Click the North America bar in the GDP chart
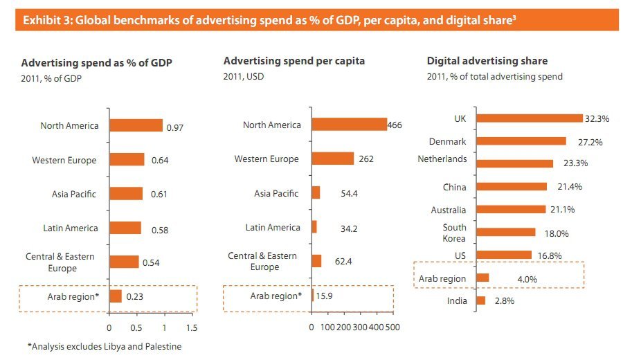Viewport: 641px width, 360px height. point(136,125)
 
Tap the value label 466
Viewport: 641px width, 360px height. point(395,125)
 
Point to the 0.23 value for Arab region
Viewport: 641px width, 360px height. point(135,296)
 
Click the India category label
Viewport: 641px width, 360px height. point(457,301)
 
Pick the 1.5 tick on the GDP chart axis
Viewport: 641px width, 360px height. point(192,327)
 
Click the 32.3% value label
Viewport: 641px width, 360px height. point(597,119)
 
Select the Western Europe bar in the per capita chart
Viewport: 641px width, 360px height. point(332,159)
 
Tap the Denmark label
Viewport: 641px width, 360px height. point(447,142)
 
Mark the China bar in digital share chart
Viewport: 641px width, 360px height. point(512,186)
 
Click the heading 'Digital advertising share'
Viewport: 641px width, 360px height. point(487,62)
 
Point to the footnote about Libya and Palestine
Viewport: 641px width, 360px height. point(104,346)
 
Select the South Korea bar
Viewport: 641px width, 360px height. point(506,232)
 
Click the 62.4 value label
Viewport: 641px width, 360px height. point(344,261)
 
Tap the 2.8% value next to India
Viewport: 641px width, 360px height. point(505,301)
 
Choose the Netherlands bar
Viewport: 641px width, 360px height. point(514,163)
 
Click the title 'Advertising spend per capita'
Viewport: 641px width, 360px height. point(294,62)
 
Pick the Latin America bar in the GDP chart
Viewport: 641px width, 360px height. point(125,228)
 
